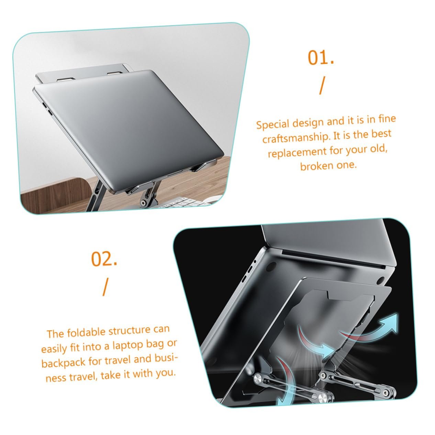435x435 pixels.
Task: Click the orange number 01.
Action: [x=321, y=58]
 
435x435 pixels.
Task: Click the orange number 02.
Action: [x=104, y=259]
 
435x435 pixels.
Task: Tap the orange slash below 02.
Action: [x=105, y=287]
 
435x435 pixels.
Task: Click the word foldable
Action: [x=86, y=333]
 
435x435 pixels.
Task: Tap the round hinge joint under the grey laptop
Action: [x=143, y=203]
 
